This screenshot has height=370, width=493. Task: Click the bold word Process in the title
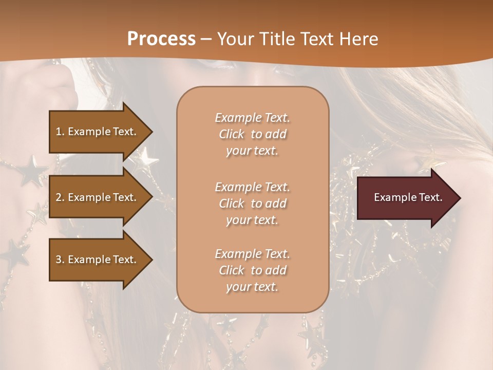pos(161,39)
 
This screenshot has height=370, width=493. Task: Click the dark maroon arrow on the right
pos(406,197)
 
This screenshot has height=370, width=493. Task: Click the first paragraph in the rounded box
pos(252,134)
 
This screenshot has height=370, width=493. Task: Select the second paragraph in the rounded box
pos(252,203)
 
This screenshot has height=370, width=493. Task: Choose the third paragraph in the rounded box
pos(252,270)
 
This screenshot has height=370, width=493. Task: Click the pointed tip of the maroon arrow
pos(459,198)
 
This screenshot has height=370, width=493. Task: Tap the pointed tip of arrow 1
pos(150,132)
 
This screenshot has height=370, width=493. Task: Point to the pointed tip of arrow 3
pos(150,260)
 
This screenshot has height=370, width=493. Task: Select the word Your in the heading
pos(233,39)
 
